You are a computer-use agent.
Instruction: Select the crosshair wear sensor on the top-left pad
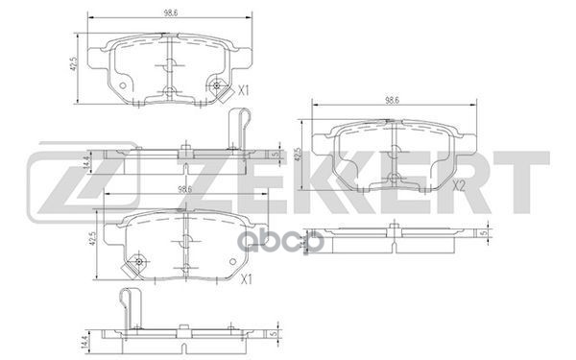(x=222, y=87)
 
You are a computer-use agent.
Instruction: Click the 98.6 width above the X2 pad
(x=392, y=99)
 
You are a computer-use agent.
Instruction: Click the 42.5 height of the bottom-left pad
(x=92, y=240)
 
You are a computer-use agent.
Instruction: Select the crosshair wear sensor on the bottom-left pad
(x=140, y=260)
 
